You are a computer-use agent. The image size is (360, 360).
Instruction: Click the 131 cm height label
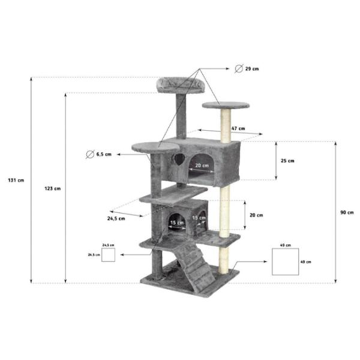tap(16, 180)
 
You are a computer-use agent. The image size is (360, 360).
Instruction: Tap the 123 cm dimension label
tap(53, 188)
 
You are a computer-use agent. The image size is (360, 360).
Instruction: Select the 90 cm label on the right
tap(347, 212)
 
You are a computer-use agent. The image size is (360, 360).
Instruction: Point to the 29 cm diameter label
tap(252, 68)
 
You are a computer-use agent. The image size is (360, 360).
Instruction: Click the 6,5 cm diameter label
tap(104, 155)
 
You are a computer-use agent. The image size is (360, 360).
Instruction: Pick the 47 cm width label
tap(238, 128)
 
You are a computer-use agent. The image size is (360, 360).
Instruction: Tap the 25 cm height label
tap(287, 161)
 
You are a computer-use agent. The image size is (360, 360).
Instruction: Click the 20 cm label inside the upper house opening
tap(202, 166)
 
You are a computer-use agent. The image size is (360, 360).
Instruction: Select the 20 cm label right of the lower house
tap(256, 215)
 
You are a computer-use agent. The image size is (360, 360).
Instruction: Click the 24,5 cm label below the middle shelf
tap(116, 218)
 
